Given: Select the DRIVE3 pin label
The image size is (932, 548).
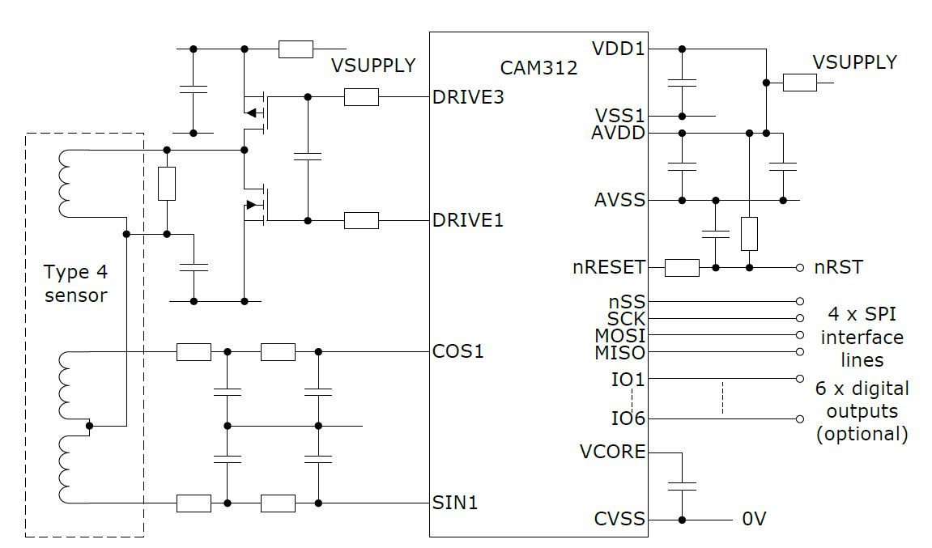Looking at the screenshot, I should (469, 97).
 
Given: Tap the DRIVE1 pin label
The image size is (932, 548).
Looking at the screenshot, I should (469, 220).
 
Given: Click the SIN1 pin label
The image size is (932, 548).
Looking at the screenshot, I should (456, 503).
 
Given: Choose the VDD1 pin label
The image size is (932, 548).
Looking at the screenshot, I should (619, 49).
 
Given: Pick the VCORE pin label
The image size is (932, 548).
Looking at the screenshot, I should (613, 451).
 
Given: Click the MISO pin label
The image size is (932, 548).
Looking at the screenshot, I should (620, 353).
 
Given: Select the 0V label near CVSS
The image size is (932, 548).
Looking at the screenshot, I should (754, 519).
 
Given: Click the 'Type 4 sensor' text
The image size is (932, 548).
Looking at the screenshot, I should (75, 283).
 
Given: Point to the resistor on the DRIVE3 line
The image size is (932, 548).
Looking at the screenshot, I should (361, 97).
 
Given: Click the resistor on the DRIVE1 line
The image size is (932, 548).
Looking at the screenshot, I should (361, 220).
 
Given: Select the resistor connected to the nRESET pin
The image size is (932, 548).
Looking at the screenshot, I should (682, 267).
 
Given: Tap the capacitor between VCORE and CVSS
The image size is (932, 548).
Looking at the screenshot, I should (683, 486).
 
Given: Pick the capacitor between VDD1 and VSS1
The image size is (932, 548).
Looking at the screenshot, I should (683, 82).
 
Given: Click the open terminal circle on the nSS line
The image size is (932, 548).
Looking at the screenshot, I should (800, 300).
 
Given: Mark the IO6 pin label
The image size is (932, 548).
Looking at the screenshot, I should (628, 418).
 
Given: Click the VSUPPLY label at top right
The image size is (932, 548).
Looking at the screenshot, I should (855, 62).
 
